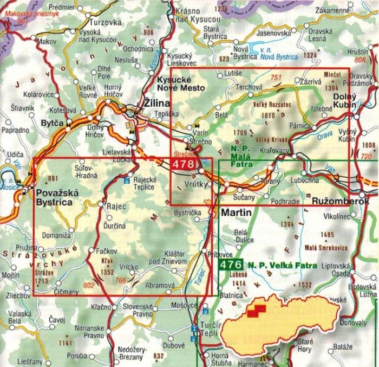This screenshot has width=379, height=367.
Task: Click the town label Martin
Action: click(x=236, y=213)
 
